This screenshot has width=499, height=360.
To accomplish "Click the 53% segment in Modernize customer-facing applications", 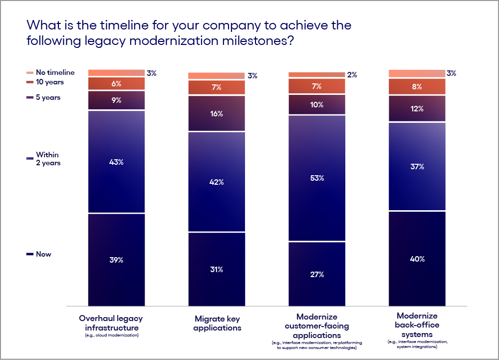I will point(317,178).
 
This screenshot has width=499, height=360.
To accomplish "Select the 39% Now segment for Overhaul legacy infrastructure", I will point(116,260).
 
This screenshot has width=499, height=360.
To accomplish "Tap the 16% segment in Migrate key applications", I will point(217,114).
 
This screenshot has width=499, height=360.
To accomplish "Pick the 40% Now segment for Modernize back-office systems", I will point(417,258).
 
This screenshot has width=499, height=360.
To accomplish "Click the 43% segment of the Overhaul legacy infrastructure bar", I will point(116,162).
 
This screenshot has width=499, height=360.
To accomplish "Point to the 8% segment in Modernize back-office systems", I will point(417,86).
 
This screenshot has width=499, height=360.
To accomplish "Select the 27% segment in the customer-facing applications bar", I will point(317,274).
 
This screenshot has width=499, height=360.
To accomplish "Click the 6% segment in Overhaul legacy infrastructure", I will point(116,84).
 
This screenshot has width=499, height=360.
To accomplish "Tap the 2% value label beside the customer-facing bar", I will point(352,75).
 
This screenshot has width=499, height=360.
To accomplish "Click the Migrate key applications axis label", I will point(217,323).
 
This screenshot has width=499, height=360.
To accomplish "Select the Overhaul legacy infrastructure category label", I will point(111,323).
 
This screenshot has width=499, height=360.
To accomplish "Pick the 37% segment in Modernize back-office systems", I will point(417,166).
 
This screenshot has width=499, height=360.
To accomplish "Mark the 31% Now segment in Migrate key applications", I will point(217,269).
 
